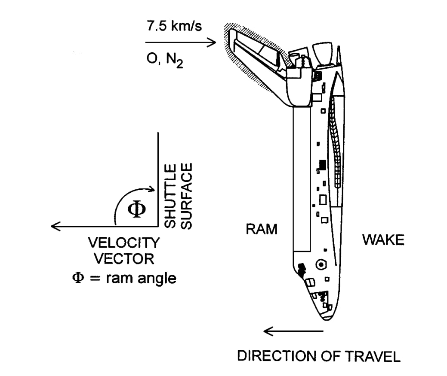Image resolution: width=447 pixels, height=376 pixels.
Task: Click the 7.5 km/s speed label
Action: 174,26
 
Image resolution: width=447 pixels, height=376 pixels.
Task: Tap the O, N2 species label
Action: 164,60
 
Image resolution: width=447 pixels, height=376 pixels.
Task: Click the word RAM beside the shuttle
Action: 262,229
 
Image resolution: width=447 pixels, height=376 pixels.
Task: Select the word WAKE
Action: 383,240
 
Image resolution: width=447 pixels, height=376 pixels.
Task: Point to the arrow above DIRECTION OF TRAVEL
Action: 293,331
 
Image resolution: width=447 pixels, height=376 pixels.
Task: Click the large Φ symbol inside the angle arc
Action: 137,209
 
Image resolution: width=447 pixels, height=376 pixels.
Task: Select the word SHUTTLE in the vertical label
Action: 170,196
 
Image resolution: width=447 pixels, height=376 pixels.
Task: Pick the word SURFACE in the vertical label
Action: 187,196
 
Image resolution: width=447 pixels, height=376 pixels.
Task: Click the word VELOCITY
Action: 124,243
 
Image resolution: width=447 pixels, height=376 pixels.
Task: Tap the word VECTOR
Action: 124,259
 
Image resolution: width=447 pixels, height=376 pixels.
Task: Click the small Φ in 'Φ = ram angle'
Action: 78,277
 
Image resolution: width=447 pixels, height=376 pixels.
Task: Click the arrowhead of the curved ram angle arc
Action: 152,189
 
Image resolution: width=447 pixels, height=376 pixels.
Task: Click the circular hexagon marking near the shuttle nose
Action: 321,264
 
